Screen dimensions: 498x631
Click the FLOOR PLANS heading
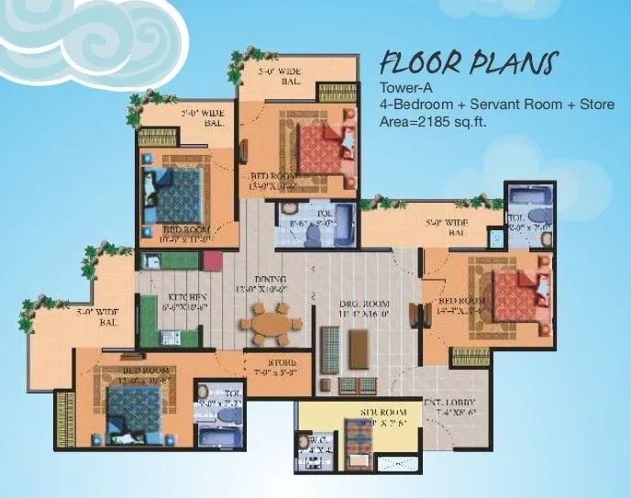(x=467, y=64)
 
